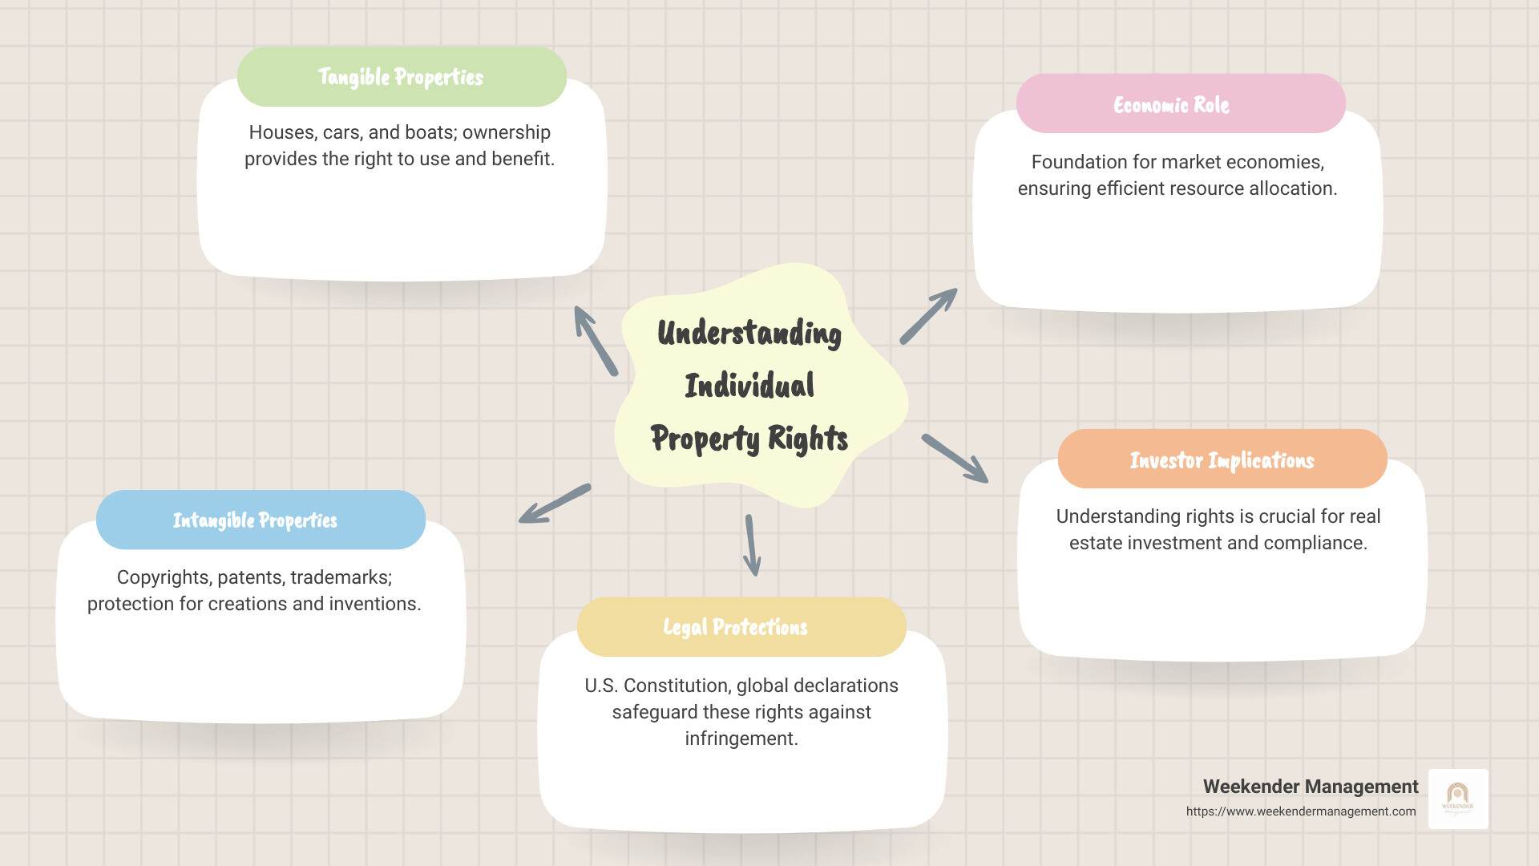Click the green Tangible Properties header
pos(402,77)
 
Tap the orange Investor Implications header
pos(1222,459)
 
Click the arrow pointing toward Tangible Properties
pos(595,340)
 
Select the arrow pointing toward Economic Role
pos(928,316)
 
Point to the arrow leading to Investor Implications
pos(955,459)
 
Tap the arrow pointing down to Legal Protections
pos(751,545)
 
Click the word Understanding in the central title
pos(749,334)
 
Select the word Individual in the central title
pos(749,386)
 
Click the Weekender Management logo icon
pos(1458,799)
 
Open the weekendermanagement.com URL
pos(1301,811)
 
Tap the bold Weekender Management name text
pos(1311,787)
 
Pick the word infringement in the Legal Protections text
pos(741,739)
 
